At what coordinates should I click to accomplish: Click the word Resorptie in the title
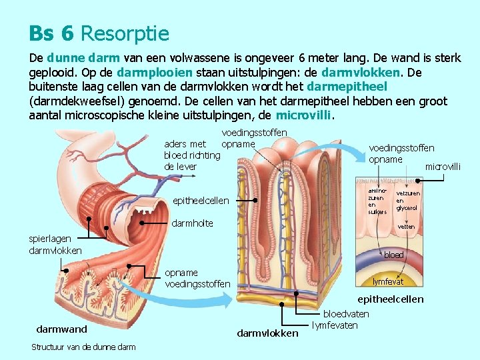[x=125, y=33]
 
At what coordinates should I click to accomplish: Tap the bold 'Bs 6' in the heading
[x=51, y=33]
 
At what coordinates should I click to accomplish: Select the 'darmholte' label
[x=193, y=223]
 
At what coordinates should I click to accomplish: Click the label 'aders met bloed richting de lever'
[x=192, y=155]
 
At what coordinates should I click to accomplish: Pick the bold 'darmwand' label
[x=61, y=329]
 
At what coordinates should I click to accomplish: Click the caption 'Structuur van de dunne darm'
[x=83, y=347]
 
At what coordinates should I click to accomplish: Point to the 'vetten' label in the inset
[x=406, y=227]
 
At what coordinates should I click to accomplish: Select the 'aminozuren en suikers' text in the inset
[x=377, y=201]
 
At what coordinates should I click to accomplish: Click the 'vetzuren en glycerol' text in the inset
[x=407, y=201]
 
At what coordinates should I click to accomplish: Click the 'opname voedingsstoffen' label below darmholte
[x=197, y=279]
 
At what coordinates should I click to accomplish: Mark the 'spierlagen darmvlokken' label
[x=55, y=244]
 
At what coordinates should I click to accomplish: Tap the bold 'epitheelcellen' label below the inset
[x=390, y=299]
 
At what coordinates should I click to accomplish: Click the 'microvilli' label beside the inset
[x=443, y=166]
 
